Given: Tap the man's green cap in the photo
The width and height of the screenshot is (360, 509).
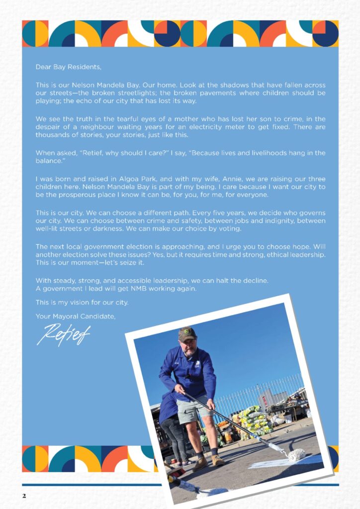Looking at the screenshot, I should (x=187, y=334).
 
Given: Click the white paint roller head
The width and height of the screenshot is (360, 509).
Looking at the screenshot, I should (x=297, y=454).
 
